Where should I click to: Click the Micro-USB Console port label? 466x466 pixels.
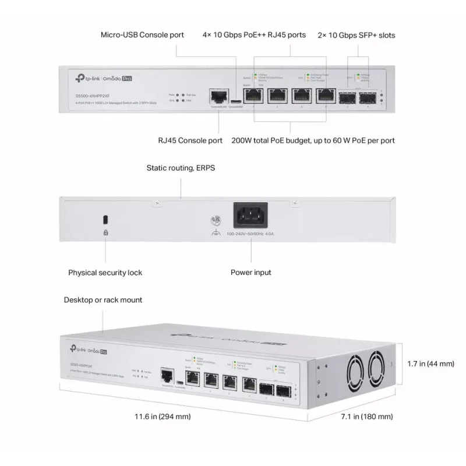tap(143, 35)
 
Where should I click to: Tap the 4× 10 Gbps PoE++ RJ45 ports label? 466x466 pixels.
tap(254, 35)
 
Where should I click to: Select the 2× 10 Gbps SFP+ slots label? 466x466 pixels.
tap(356, 35)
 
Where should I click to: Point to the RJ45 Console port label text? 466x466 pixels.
tap(190, 140)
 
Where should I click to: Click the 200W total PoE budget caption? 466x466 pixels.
tap(313, 140)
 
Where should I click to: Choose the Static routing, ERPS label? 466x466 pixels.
tap(181, 168)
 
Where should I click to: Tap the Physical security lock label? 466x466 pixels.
tap(105, 272)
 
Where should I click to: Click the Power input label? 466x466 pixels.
tap(250, 272)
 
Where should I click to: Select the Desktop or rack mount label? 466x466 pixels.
tap(103, 300)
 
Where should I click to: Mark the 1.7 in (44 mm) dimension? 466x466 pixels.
tap(430, 364)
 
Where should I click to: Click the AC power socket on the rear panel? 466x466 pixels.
tap(250, 216)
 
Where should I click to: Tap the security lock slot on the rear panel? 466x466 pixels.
tap(105, 219)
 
